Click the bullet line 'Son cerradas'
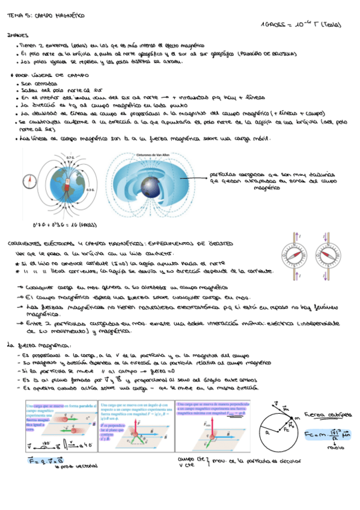click(x=37, y=84)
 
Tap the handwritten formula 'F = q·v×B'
click(x=33, y=460)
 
